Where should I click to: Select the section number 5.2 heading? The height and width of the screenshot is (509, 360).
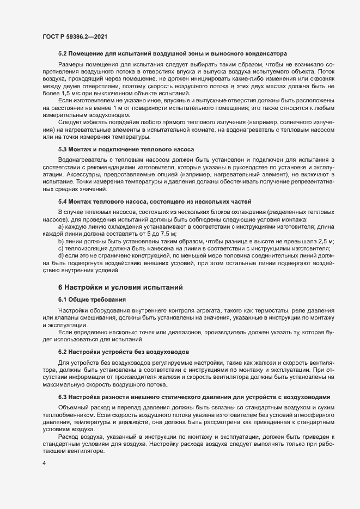[63, 54]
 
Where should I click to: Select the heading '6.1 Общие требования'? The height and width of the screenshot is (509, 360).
[92, 299]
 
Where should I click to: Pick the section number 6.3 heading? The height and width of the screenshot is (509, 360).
[63, 398]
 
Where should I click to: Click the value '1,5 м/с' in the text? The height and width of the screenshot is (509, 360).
[65, 94]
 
